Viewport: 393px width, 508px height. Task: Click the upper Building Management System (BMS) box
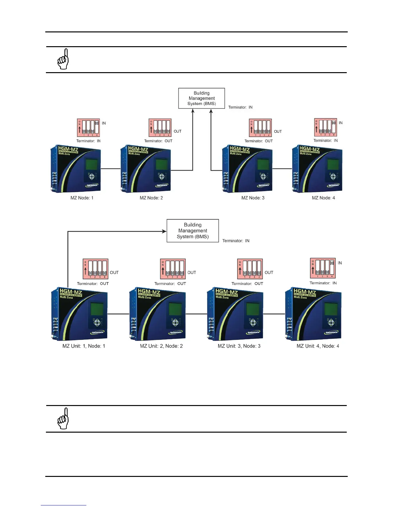pos(202,98)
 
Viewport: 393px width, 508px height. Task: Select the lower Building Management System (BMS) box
pos(193,231)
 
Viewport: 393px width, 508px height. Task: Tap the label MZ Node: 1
pos(82,198)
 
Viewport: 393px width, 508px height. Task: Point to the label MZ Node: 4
pos(323,198)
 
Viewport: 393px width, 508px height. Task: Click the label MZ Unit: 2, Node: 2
pos(161,346)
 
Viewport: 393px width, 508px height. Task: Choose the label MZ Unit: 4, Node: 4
pos(318,346)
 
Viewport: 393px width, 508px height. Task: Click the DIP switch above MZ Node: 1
pos(89,128)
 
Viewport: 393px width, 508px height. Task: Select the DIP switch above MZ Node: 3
pos(260,128)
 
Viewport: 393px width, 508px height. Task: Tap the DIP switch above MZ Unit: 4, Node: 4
pos(323,268)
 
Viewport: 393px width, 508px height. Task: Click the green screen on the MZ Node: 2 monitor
pos(162,165)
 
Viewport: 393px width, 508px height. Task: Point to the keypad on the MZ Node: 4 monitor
pos(333,176)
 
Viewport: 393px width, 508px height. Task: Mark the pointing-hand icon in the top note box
pos(63,59)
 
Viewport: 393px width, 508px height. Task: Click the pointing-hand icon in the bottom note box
pos(63,419)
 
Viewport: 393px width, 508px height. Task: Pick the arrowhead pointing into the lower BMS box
pos(164,231)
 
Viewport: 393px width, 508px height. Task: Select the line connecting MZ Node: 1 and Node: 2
pos(110,169)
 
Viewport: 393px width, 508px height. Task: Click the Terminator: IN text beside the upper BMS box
pos(240,107)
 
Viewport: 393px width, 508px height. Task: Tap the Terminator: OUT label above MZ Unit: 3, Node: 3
pos(247,284)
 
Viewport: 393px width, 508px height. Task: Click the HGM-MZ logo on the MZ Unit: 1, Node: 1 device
pos(71,292)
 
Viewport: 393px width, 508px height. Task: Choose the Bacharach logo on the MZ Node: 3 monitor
pos(263,185)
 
